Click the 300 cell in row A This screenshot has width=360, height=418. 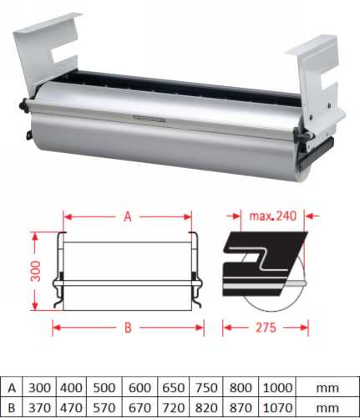pos(38,388)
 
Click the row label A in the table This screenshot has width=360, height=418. pos(11,388)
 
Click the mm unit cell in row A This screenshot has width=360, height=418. pos(327,388)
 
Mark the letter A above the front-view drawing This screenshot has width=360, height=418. pos(128,217)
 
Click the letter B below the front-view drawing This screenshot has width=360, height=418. pos(128,328)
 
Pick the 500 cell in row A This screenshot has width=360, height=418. pos(104,388)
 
